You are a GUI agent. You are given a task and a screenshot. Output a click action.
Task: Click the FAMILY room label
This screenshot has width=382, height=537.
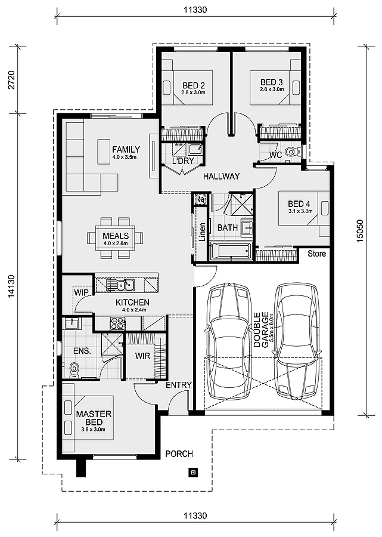(126, 150)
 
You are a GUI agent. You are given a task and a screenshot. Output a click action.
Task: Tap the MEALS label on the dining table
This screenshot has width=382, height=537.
(116, 236)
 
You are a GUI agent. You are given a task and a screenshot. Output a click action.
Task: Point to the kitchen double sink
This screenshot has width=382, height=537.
(120, 284)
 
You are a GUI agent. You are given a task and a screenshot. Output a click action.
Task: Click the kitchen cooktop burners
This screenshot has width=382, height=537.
(118, 323)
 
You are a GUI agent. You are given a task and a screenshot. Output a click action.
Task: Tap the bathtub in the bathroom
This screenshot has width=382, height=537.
(231, 251)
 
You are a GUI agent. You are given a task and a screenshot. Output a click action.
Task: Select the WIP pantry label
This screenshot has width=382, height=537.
(81, 292)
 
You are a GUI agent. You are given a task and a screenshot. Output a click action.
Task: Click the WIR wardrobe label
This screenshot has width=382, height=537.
(142, 356)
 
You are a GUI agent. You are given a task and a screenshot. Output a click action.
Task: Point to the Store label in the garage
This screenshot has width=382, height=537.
(316, 254)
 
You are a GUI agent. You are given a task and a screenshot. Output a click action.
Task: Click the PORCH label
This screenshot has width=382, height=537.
(179, 454)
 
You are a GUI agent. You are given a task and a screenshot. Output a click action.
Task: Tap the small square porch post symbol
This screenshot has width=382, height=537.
(193, 473)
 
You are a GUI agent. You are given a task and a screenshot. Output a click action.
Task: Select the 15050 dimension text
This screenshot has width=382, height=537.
(361, 230)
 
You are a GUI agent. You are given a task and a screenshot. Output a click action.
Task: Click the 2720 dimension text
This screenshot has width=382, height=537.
(11, 80)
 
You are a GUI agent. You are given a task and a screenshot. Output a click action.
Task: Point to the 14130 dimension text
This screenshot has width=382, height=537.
(11, 286)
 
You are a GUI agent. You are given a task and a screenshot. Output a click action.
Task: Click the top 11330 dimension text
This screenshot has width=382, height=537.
(195, 10)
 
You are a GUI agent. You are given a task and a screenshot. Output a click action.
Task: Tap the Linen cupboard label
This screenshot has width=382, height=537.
(202, 232)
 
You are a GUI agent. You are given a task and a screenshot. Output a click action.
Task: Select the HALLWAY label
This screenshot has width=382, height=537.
(221, 177)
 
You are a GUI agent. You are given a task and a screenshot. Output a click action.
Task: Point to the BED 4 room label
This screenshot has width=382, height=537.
(299, 205)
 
